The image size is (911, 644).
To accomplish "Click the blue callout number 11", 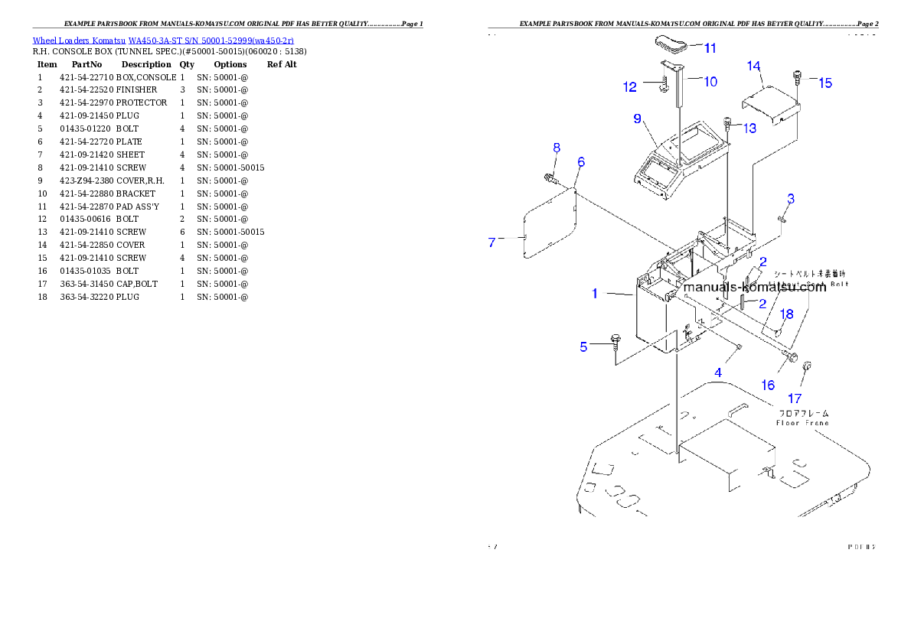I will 710,48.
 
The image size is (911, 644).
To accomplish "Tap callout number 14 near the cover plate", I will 754,66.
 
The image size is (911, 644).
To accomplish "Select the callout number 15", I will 824,83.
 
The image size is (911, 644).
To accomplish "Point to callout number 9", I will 637,119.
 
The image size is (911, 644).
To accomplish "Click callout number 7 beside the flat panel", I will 492,242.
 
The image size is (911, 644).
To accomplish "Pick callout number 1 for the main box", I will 594,293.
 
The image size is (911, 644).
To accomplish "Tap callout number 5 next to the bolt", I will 583,346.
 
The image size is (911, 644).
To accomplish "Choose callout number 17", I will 795,398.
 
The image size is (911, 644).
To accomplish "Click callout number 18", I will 786,314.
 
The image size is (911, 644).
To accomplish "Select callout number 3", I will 791,199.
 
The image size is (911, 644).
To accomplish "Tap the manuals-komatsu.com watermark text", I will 754,288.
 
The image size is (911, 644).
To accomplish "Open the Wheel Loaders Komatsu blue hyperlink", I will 163,40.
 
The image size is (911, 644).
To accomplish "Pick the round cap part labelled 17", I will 806,369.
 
